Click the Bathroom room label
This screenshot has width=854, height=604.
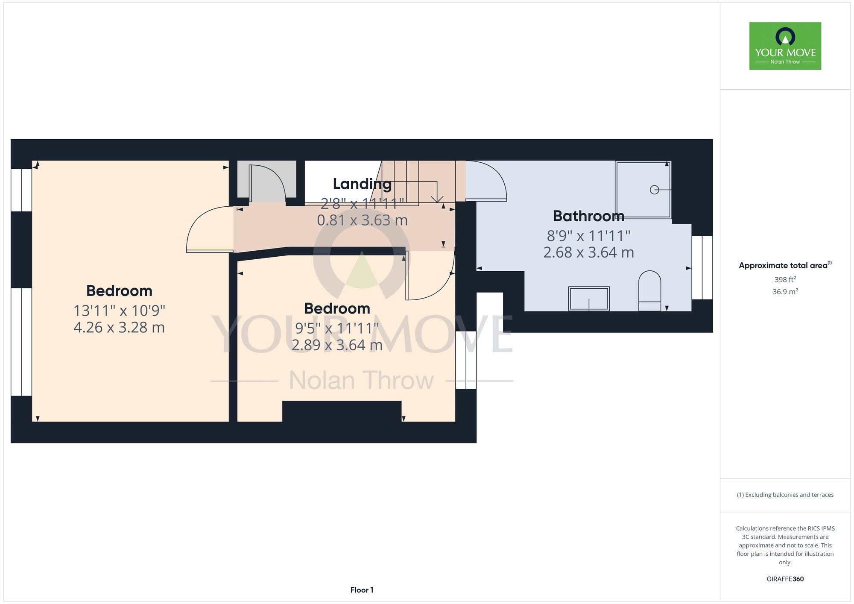point(588,216)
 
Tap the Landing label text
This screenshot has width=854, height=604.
point(362,184)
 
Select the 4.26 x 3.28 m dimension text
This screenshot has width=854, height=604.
point(119,327)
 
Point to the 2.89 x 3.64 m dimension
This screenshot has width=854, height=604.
point(337,345)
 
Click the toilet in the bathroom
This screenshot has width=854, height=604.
point(649,290)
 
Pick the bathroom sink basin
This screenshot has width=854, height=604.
point(589,299)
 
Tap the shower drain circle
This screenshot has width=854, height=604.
point(654,190)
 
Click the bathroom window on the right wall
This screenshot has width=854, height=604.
point(702,267)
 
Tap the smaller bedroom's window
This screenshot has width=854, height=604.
point(466,360)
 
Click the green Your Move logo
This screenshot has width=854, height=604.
point(785,46)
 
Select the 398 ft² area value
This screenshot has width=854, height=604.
point(785,279)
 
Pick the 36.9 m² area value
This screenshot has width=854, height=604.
point(785,292)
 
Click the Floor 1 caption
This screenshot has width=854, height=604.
point(362,590)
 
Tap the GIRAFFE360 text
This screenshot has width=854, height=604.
point(785,579)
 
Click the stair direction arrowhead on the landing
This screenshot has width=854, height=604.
point(437,199)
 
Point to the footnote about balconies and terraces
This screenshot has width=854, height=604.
point(785,495)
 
